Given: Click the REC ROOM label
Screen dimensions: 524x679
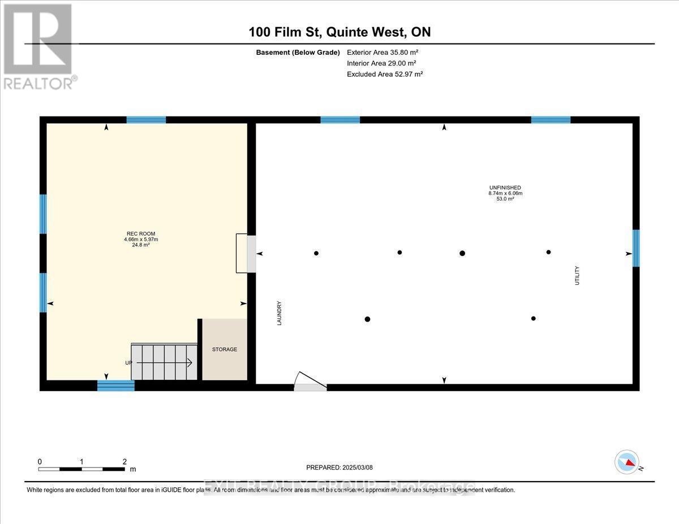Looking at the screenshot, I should [141, 233].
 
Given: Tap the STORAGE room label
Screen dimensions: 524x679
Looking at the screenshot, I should [225, 349].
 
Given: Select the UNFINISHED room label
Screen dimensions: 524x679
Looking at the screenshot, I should [505, 188].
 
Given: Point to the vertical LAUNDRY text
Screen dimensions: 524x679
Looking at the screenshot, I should [280, 313].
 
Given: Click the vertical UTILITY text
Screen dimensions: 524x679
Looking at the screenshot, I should [577, 275].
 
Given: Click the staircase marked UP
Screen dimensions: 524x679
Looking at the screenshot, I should [164, 362].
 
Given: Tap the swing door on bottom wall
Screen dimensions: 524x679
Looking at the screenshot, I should [310, 383].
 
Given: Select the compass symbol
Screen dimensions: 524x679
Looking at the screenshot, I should [627, 462].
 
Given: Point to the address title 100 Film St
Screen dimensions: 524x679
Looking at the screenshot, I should [339, 32].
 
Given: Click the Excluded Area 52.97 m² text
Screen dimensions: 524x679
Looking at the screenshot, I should [385, 74].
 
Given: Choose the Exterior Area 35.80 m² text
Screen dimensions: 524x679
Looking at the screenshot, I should [383, 52].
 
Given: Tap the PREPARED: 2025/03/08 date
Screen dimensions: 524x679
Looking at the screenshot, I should [339, 467].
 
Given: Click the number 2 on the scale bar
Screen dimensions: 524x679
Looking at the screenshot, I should [124, 461].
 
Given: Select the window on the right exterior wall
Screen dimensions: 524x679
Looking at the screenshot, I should [636, 248].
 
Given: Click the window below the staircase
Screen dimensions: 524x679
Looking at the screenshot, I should [116, 386].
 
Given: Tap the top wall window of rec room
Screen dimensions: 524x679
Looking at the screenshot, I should [146, 119].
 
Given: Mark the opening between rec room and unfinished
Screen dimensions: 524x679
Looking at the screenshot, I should [252, 254].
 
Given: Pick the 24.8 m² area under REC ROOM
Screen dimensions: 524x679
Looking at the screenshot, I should [141, 245].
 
